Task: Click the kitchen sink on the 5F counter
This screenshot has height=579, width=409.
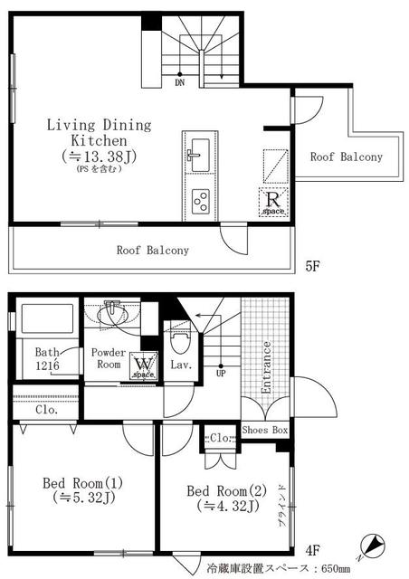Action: (200, 155)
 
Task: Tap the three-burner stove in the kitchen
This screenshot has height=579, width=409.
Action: (201, 201)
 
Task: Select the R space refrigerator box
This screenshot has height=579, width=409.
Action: (273, 202)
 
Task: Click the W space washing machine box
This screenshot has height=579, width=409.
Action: (144, 365)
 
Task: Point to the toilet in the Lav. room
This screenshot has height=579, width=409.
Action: (180, 339)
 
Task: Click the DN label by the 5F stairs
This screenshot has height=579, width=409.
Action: (179, 82)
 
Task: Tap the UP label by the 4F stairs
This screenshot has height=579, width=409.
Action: (221, 373)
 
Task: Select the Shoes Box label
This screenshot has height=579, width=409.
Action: (265, 430)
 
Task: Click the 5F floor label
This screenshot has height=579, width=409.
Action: (312, 266)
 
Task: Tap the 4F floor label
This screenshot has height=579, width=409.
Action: (312, 551)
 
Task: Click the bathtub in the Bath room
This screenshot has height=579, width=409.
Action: (47, 318)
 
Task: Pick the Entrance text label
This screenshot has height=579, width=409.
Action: (266, 367)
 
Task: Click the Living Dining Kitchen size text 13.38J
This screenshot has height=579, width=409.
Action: (99, 157)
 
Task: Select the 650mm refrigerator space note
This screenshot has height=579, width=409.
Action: (278, 568)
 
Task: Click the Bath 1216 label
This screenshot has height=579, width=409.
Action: (47, 359)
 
